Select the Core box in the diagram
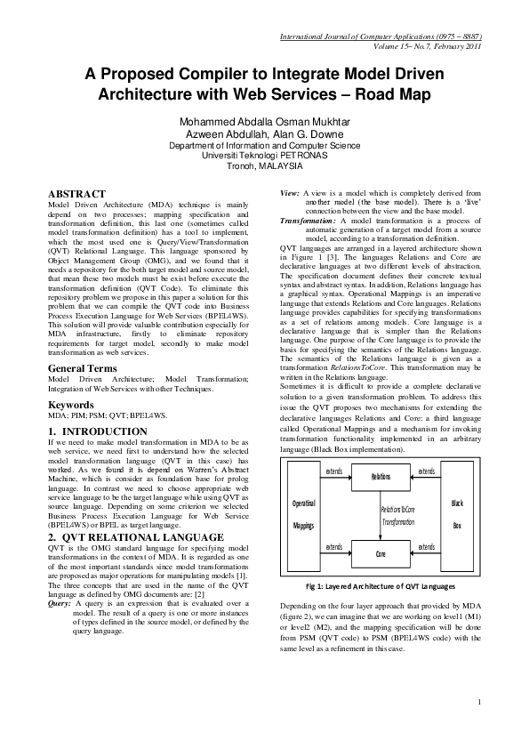(380, 552)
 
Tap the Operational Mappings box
(304, 515)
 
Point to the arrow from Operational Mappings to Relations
(334, 478)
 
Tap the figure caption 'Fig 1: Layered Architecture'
(380, 587)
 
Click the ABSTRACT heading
(76, 193)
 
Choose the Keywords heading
(71, 405)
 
